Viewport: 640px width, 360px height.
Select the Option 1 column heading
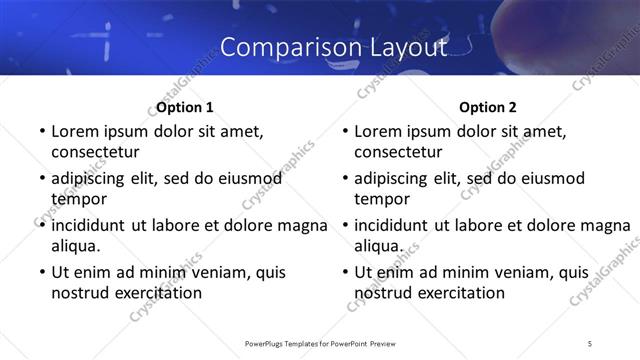[x=185, y=107]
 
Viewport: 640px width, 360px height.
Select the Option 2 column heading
[x=488, y=107]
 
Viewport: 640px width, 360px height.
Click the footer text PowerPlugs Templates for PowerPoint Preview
[x=320, y=343]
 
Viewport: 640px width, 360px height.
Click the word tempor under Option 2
[x=380, y=198]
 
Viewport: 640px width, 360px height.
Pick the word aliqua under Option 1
[x=76, y=245]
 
